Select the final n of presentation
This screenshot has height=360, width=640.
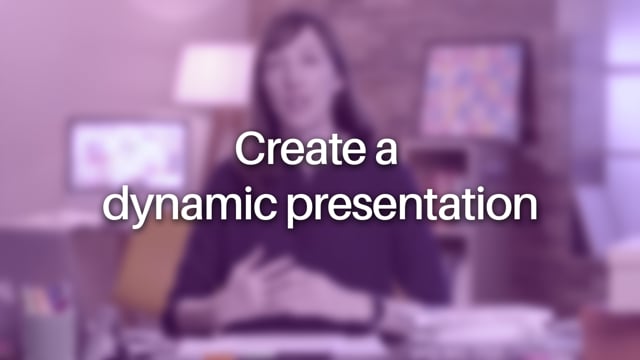527,205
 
